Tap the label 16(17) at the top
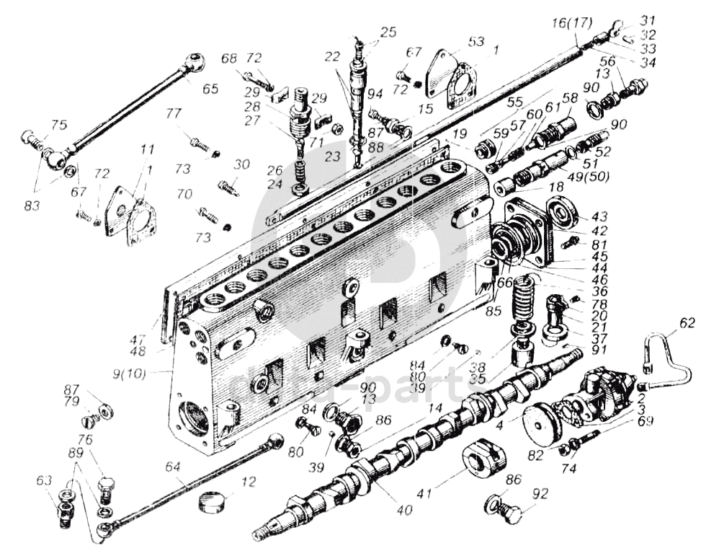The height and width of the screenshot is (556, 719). [x=571, y=23]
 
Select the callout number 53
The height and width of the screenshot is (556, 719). [x=475, y=41]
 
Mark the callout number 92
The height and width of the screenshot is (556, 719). [x=540, y=494]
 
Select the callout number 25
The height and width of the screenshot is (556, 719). [x=388, y=32]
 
